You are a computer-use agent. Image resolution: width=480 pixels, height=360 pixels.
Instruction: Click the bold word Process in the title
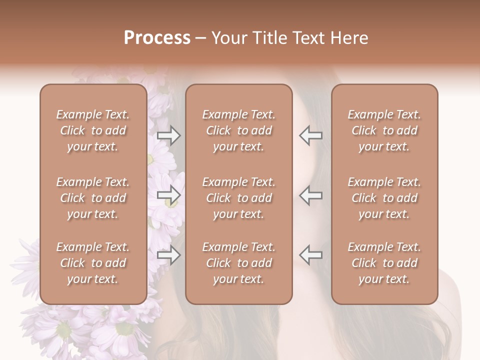click(157, 38)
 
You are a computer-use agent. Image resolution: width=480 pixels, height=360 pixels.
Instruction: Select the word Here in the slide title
click(349, 38)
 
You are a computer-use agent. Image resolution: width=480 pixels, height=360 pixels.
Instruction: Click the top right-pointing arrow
click(169, 135)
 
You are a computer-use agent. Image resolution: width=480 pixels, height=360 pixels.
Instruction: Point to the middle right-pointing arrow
click(169, 195)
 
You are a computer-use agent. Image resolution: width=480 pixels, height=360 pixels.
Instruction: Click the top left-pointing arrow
click(311, 135)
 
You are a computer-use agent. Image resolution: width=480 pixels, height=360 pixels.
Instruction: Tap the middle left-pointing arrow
click(311, 195)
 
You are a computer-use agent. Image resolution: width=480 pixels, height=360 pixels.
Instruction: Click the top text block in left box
click(93, 130)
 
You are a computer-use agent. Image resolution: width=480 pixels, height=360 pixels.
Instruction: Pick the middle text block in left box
click(93, 198)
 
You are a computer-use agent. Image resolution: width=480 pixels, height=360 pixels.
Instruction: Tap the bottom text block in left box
click(93, 263)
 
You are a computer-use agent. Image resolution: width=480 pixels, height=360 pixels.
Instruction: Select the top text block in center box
click(239, 130)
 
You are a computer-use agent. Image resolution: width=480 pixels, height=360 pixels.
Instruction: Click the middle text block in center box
click(239, 198)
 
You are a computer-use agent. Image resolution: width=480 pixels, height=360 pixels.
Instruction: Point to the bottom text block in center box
click(239, 263)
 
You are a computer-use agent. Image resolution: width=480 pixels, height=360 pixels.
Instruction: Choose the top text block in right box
click(384, 130)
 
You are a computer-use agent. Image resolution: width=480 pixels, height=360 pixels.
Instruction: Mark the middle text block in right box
click(384, 198)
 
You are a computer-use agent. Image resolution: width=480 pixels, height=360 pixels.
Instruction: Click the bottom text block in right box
click(384, 263)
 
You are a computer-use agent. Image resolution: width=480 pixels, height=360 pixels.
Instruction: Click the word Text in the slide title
click(308, 38)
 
